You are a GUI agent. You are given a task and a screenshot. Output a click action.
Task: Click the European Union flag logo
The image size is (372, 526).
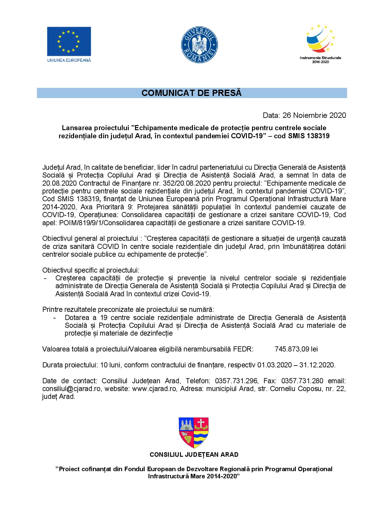(69, 41)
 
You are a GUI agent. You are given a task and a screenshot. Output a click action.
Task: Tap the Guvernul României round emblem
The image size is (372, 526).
(199, 44)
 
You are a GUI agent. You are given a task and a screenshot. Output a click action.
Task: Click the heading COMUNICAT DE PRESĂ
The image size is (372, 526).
(191, 93)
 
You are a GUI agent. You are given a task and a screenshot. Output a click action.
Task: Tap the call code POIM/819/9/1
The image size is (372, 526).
(74, 223)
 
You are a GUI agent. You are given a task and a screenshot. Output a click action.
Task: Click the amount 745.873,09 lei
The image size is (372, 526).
(296, 349)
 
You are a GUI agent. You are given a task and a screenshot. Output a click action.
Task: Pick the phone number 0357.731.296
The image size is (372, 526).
(236, 381)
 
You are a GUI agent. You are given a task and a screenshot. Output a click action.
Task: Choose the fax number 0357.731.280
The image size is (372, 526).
(302, 381)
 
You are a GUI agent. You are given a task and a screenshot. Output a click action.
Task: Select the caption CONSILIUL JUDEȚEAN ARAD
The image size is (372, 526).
(194, 455)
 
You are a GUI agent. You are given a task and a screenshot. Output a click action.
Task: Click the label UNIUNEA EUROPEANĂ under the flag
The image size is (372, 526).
(69, 60)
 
